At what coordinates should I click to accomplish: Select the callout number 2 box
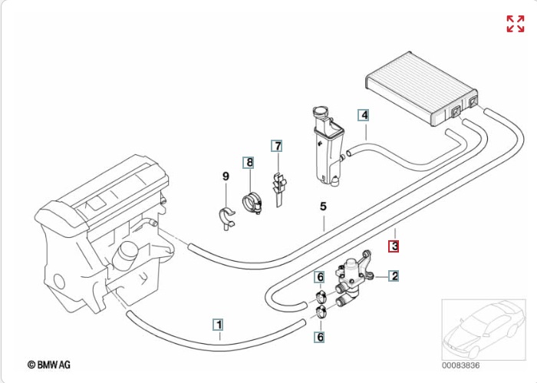394,276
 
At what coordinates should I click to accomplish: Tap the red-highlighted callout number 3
394,246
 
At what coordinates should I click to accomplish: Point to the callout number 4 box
364,115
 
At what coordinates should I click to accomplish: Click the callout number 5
323,206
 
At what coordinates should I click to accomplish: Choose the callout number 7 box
277,145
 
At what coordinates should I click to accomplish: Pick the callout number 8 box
249,162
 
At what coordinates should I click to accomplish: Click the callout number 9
226,177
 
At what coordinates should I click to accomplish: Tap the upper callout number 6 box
320,276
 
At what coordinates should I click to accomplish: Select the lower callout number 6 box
320,336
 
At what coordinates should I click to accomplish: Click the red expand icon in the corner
515,24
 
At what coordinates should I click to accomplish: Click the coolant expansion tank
325,150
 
